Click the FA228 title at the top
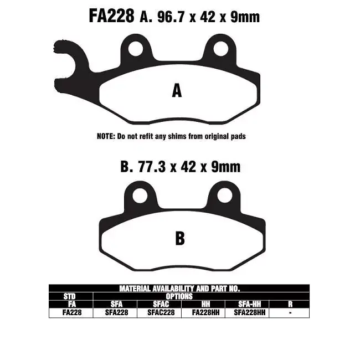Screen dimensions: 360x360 coord(111,16)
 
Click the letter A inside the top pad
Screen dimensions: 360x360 coord(177,90)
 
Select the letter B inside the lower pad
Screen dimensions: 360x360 coord(179,238)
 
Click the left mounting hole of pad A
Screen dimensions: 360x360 coord(134,48)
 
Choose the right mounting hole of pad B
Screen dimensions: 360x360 coord(224,195)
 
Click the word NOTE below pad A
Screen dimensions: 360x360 coord(105,136)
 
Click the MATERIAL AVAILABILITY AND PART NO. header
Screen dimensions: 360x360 coord(179,289)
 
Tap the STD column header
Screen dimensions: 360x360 coord(70,296)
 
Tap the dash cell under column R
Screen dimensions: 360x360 coord(291,312)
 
